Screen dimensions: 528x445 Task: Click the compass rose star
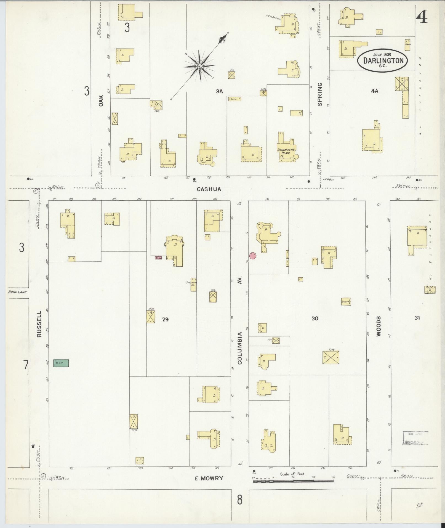199,67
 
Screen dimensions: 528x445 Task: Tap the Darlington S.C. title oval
383,61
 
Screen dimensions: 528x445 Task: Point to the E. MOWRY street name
209,478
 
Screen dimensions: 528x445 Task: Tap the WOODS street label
378,326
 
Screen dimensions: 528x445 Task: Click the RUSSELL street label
39,324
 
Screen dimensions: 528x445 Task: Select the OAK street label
101,101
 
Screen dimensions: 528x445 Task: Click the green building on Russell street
61,363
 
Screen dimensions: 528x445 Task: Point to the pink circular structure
253,256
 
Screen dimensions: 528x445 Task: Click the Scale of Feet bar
293,481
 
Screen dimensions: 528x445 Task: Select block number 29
165,320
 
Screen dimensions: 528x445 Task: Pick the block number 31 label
417,318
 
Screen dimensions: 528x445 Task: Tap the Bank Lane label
17,292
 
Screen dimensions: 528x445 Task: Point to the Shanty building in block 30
346,301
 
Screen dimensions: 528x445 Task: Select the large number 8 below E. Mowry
239,500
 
